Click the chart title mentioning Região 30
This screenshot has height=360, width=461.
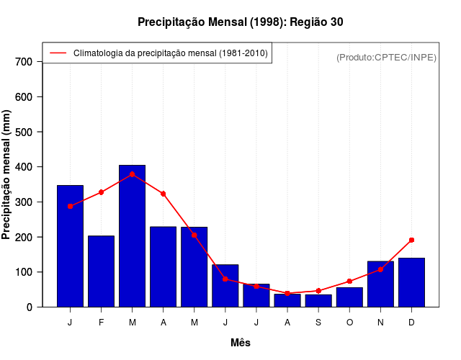pyautogui.click(x=240, y=22)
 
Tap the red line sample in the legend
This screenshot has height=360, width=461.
pyautogui.click(x=58, y=53)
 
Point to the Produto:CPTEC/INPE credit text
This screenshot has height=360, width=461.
pyautogui.click(x=386, y=57)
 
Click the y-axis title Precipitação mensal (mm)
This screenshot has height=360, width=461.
pyautogui.click(x=7, y=174)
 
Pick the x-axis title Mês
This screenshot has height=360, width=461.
pyautogui.click(x=241, y=343)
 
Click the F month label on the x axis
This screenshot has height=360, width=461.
pyautogui.click(x=102, y=323)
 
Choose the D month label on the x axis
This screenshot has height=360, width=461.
pyautogui.click(x=411, y=323)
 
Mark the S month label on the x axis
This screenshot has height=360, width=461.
pyautogui.click(x=318, y=323)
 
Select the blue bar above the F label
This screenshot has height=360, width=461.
pyautogui.click(x=102, y=271)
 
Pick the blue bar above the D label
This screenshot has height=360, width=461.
pyautogui.click(x=411, y=282)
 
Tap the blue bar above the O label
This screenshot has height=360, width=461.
pyautogui.click(x=349, y=297)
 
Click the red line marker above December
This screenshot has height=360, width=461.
pyautogui.click(x=411, y=240)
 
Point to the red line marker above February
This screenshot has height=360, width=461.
pyautogui.click(x=102, y=192)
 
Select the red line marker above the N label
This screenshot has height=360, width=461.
pyautogui.click(x=380, y=269)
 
